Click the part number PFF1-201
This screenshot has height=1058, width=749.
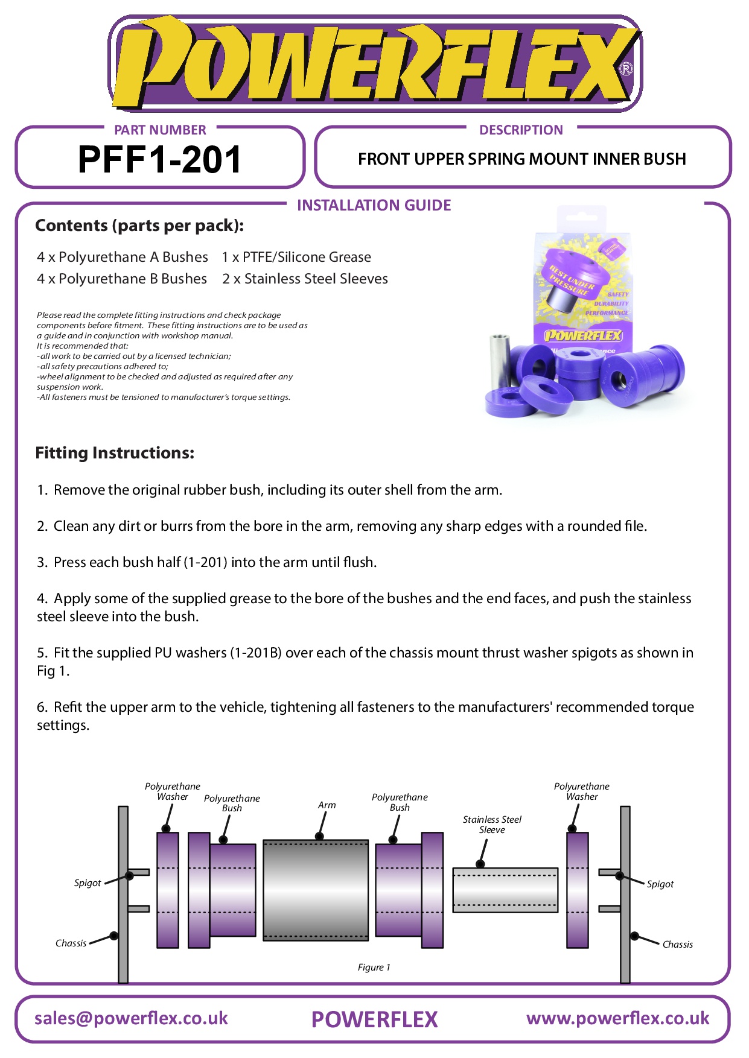click(x=159, y=160)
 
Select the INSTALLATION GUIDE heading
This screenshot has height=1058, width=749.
click(x=374, y=206)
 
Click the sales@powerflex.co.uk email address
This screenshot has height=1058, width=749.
click(x=131, y=1018)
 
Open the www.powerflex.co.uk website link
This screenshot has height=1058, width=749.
click(x=617, y=1018)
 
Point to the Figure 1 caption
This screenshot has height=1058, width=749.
click(x=374, y=968)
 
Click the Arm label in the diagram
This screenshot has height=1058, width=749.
click(x=327, y=805)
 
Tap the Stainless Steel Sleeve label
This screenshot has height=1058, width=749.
click(x=492, y=825)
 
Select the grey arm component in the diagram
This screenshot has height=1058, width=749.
click(x=316, y=890)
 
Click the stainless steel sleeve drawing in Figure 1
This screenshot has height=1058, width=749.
click(x=505, y=890)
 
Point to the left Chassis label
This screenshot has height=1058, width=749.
click(x=71, y=943)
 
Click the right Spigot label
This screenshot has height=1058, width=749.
click(x=660, y=884)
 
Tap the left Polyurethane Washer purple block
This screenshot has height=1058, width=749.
click(x=168, y=890)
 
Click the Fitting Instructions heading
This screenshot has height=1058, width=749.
click(x=115, y=453)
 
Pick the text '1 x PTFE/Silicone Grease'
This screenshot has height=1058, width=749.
click(x=296, y=258)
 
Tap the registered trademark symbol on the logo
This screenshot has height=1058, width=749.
click(x=626, y=69)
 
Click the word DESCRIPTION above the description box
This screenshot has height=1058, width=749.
click(x=521, y=130)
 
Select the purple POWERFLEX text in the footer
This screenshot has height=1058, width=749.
click(x=374, y=1019)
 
